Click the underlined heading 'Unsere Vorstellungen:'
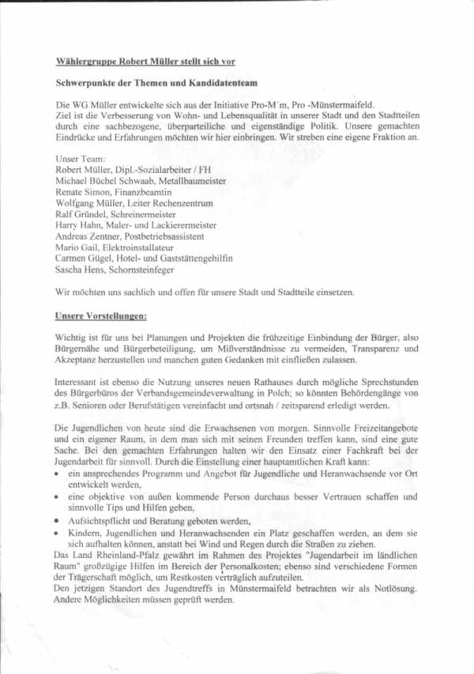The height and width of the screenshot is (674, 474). pos(101,316)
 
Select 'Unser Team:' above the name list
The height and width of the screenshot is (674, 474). pos(79,158)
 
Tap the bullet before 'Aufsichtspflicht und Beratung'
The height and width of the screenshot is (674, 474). pos(58,522)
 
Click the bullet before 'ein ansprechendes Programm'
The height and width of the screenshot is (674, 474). pos(58,473)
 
